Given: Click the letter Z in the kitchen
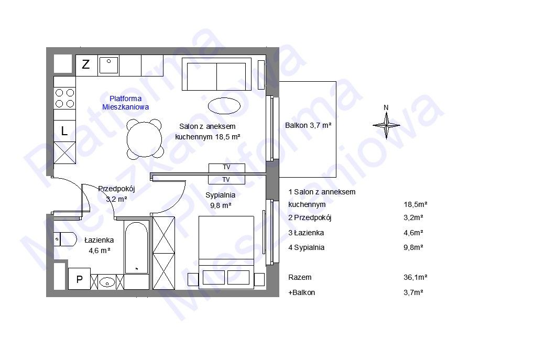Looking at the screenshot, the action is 85,64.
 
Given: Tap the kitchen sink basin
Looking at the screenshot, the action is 108,65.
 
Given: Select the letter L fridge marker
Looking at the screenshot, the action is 64,131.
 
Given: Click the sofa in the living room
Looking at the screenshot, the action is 216,74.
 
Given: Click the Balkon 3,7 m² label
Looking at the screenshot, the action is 308,125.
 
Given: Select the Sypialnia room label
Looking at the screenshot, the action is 221,195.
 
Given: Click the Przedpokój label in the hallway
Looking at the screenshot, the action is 116,189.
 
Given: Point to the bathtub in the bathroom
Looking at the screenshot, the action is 136,248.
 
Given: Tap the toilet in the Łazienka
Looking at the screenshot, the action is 65,239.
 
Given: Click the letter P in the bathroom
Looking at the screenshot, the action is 80,279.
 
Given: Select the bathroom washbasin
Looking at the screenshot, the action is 107,282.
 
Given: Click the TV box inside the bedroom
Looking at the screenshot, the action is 226,180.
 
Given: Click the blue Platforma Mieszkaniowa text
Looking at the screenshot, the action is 125,103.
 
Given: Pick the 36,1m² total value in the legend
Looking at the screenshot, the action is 416,278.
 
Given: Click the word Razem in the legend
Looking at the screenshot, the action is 300,278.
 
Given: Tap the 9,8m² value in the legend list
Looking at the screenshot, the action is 413,247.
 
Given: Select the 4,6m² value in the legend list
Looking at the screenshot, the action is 413,233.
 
